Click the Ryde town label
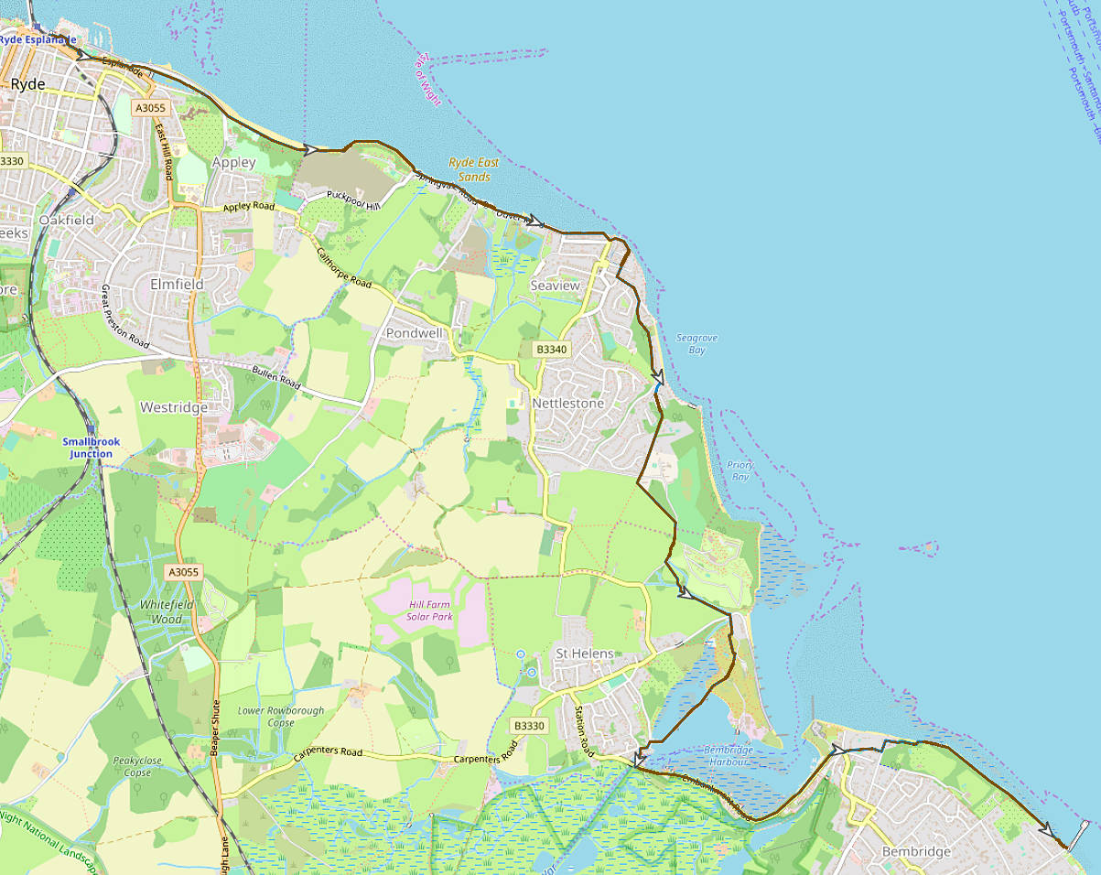pos(27,84)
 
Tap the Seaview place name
pos(555,286)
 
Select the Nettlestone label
pos(568,404)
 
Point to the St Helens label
pos(585,654)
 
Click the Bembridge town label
pos(916,852)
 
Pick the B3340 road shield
pos(552,350)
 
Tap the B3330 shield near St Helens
pos(528,726)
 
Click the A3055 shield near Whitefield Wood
pos(183,572)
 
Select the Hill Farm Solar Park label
pos(430,610)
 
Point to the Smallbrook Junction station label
pos(91,448)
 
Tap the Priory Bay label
pos(739,470)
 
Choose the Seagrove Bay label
pos(696,344)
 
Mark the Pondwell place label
pos(414,333)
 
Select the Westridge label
pos(173,407)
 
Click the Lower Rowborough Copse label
pos(281,717)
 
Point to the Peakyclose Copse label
pos(137,767)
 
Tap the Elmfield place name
pos(177,285)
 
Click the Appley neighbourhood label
pos(233,162)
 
